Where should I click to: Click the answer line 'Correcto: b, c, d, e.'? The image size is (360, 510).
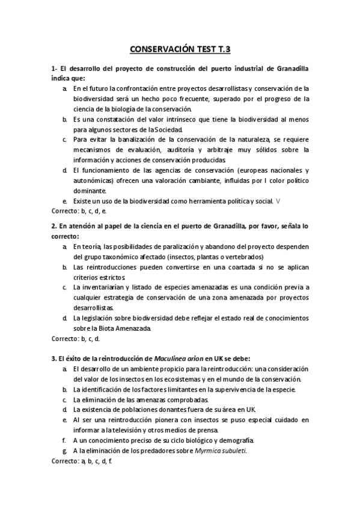click(x=79, y=211)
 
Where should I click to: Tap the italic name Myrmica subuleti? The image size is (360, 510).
click(x=220, y=450)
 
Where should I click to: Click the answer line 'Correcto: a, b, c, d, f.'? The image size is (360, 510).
click(x=82, y=461)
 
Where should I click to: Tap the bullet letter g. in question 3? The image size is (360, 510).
click(x=64, y=450)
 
